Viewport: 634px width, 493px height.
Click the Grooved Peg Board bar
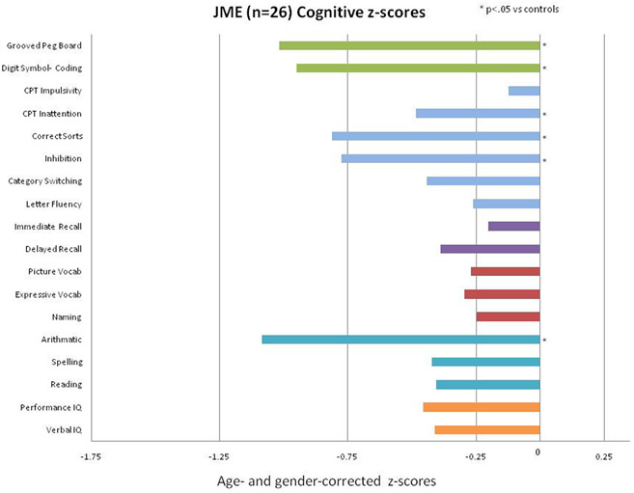pyautogui.click(x=409, y=45)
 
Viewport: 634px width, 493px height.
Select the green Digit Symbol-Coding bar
pyautogui.click(x=418, y=68)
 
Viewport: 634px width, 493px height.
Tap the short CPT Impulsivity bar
pyautogui.click(x=524, y=91)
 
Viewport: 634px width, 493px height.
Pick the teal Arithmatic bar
pyautogui.click(x=400, y=340)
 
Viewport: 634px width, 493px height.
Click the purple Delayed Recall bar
pyautogui.click(x=490, y=249)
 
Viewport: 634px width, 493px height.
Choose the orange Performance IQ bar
pyautogui.click(x=482, y=407)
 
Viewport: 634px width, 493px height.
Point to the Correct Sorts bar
pyautogui.click(x=436, y=136)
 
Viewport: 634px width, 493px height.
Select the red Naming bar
pyautogui.click(x=508, y=316)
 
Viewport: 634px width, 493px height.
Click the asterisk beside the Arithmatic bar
pyautogui.click(x=545, y=341)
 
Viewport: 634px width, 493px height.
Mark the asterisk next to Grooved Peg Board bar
pyautogui.click(x=545, y=46)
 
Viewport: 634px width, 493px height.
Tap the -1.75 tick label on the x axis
pyautogui.click(x=91, y=454)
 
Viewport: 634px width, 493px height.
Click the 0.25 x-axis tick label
pyautogui.click(x=603, y=454)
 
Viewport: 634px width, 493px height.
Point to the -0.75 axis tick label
pyautogui.click(x=346, y=454)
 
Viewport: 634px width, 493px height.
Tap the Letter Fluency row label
pyautogui.click(x=54, y=204)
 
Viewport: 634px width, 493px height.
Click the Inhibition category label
pyautogui.click(x=63, y=158)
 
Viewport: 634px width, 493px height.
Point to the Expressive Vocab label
pyautogui.click(x=48, y=294)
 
